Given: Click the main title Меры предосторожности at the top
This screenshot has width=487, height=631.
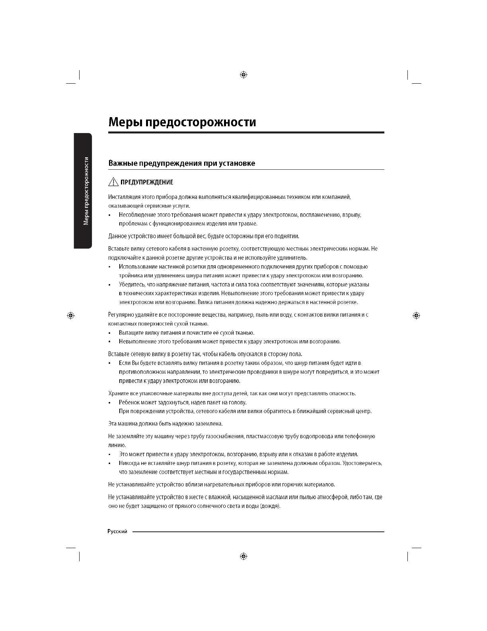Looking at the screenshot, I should coord(182,122).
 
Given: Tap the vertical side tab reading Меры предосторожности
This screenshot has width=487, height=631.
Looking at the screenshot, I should coord(86,191).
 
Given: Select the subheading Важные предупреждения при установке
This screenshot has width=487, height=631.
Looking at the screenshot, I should coord(182,163).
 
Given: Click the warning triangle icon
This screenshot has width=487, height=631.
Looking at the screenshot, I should coord(113,182).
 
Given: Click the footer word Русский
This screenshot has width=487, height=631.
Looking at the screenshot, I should coord(117,531).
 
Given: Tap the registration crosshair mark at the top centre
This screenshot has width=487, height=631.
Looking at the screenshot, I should coord(244,75).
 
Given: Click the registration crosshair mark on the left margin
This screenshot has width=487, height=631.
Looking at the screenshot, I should coord(70,315).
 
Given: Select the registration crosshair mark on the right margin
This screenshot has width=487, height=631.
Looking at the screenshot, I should coord(416,315).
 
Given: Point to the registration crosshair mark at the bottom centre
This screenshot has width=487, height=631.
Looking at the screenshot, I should coord(244,556).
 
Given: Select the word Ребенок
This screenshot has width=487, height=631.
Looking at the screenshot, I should coord(129,402).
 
